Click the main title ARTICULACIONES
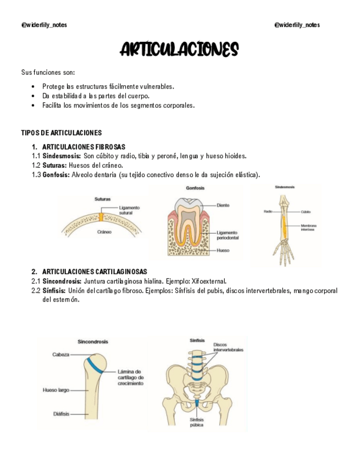tap(179, 50)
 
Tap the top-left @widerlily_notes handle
tap(44, 25)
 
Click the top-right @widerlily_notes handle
tap(297, 25)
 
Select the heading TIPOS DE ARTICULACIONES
tap(61, 133)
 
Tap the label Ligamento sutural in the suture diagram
tap(129, 210)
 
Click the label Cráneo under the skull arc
tap(104, 232)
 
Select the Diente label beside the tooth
tap(223, 205)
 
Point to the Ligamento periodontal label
tap(227, 235)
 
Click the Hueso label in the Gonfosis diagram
tap(223, 250)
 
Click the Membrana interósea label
tap(308, 228)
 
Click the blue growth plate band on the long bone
tap(96, 364)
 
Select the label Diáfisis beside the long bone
tap(61, 414)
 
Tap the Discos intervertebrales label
tap(228, 347)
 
